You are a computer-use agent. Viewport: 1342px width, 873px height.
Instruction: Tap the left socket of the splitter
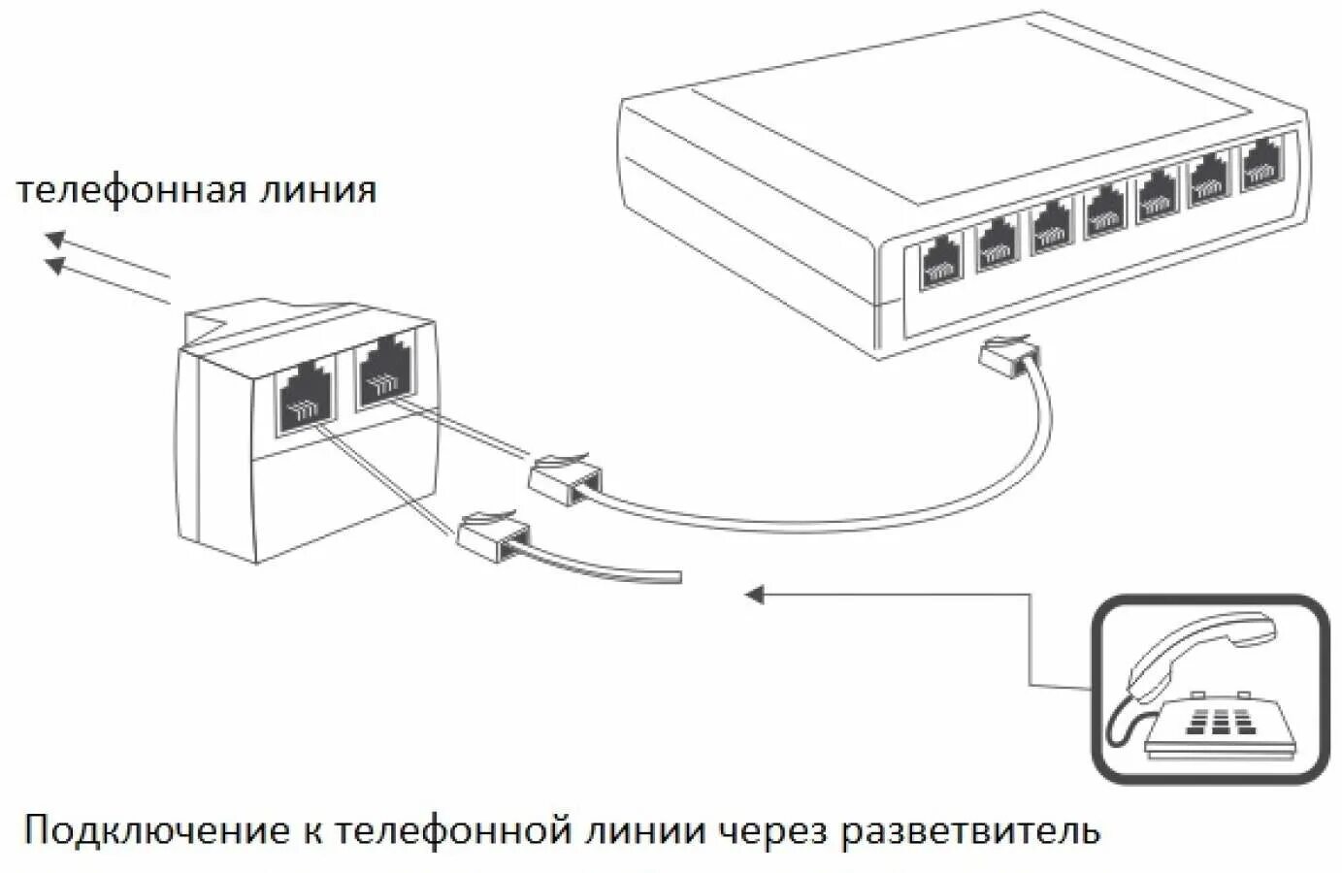coord(303,399)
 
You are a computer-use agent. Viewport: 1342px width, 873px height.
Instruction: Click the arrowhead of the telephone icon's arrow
coord(754,594)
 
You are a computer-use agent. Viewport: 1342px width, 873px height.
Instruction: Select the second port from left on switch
coord(995,244)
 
